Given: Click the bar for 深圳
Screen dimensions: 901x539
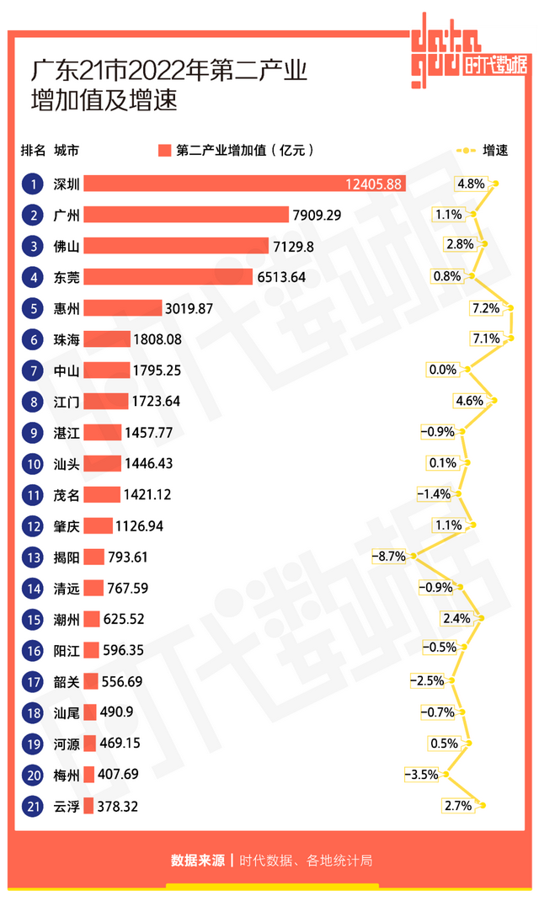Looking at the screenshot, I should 244,184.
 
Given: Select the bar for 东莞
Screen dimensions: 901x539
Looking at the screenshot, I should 168,277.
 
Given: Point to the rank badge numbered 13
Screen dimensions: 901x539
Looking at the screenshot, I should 33,557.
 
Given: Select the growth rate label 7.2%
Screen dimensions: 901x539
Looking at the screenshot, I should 486,308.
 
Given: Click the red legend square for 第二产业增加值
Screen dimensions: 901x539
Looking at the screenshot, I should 164,151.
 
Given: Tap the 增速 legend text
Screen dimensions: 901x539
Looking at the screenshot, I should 495,151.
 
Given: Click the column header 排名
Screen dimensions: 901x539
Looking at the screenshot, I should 34,151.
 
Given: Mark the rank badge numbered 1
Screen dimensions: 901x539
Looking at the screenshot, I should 33,184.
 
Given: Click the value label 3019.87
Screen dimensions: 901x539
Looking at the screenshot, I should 189,308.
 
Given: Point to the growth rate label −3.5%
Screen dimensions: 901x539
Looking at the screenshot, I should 422,775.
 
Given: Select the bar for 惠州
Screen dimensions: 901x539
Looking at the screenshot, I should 122,308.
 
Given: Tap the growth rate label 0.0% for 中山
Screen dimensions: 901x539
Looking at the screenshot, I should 443,370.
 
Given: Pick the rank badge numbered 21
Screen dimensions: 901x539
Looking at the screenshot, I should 33,806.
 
